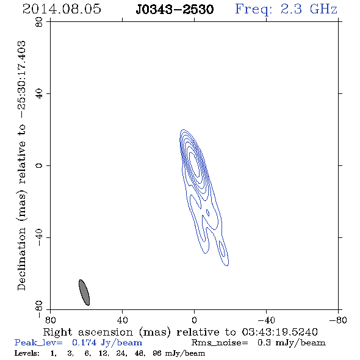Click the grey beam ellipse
point(84,292)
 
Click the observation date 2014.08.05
point(62,9)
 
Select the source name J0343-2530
point(175,9)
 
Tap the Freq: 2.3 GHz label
point(286,9)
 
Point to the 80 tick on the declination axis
point(39,22)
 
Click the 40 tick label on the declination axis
point(39,94)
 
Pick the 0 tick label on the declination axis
point(39,165)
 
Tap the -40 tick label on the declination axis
point(39,237)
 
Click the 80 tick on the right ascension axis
point(50,320)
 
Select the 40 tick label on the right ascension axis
point(122,320)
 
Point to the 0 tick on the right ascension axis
point(194,320)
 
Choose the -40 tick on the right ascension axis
point(266,320)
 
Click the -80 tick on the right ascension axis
point(338,320)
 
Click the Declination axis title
point(21,165)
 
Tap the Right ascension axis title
point(180,332)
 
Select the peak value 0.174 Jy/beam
point(107,342)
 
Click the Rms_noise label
point(220,343)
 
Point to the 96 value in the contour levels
point(157,353)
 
